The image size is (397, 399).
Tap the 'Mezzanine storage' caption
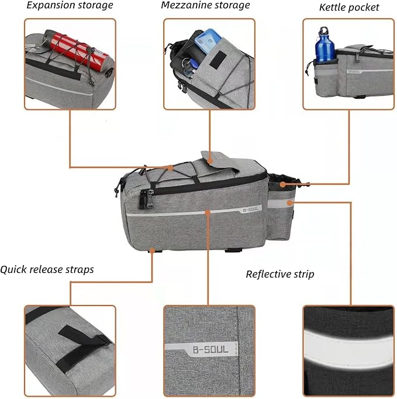[205, 6]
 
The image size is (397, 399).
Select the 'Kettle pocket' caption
[348, 8]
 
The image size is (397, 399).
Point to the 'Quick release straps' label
[47, 270]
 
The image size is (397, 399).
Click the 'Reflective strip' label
[280, 274]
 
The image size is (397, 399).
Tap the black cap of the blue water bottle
[323, 30]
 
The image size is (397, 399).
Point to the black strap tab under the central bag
[234, 249]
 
